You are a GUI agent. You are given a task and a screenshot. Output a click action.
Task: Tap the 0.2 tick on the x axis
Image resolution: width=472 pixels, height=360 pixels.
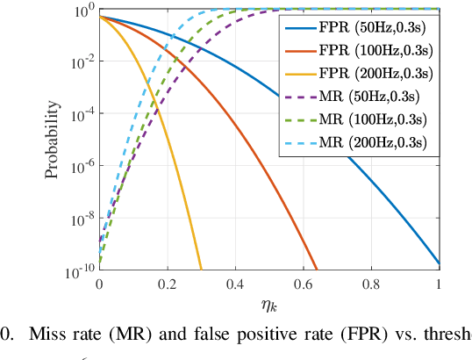tap(166, 284)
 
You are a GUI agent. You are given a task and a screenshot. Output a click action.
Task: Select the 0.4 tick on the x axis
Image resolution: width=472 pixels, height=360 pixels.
tap(234, 284)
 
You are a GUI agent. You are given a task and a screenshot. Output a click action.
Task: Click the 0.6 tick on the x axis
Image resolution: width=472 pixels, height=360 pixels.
tap(303, 284)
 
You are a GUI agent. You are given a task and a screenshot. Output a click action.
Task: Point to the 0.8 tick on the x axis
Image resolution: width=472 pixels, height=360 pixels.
tap(371, 284)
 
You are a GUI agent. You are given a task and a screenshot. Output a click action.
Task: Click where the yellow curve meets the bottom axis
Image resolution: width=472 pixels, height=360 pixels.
tap(201, 270)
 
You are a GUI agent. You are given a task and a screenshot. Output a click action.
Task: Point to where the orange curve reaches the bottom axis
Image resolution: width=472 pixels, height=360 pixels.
tap(317, 270)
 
